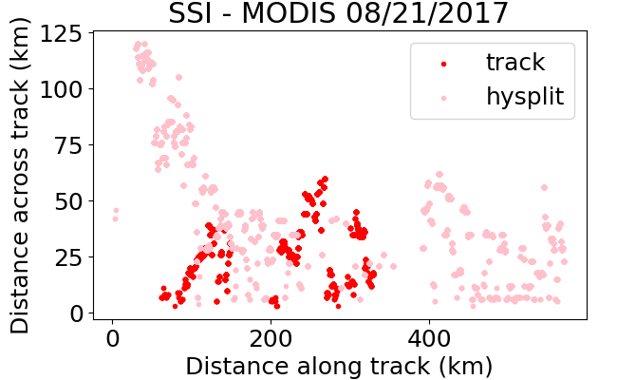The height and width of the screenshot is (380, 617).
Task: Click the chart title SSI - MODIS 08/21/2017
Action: click(x=339, y=13)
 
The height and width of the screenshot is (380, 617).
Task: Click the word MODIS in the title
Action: click(x=289, y=13)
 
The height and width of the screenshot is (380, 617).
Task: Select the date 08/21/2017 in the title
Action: click(x=427, y=13)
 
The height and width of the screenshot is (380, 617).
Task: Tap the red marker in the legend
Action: click(x=444, y=64)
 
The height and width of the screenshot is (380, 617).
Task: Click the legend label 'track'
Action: click(x=515, y=62)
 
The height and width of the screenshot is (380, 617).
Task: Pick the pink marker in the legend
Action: click(x=444, y=98)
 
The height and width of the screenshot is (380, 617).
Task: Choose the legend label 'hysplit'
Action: click(x=525, y=97)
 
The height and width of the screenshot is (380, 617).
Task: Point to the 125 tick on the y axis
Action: click(x=61, y=33)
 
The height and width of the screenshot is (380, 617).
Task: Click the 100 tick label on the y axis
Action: click(x=61, y=89)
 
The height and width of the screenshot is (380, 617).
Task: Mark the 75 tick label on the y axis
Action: click(x=68, y=145)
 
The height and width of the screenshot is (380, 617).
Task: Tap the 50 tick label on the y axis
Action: click(x=68, y=201)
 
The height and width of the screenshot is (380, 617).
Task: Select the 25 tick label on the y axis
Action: click(x=68, y=257)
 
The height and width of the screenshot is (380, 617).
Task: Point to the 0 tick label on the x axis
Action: click(x=113, y=338)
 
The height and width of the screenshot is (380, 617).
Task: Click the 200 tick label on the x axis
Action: click(x=271, y=338)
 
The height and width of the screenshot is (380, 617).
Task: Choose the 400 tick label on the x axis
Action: click(x=429, y=338)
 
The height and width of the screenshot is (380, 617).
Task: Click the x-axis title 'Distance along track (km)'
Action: click(x=339, y=366)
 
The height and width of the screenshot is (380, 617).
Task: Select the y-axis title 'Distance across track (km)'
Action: click(x=20, y=176)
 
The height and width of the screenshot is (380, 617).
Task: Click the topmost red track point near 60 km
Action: click(x=325, y=180)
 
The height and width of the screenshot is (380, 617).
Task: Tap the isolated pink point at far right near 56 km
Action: click(x=544, y=187)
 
